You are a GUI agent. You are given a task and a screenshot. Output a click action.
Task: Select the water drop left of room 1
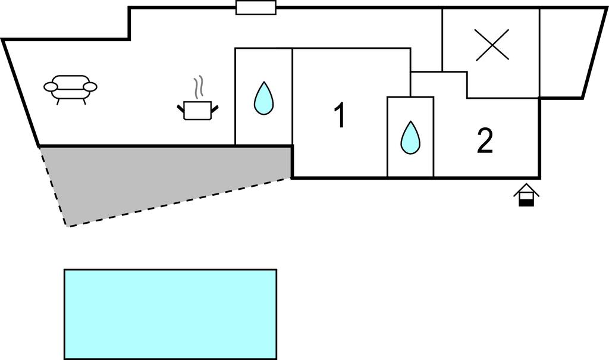(263, 98)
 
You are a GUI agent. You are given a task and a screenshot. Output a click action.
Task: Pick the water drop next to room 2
(410, 137)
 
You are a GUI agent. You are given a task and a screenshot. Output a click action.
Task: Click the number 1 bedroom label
(340, 115)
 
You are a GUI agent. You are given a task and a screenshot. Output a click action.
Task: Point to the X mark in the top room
(492, 45)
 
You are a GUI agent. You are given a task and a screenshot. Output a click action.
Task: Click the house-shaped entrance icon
(526, 195)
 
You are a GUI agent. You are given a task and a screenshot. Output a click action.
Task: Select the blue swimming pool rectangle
(170, 314)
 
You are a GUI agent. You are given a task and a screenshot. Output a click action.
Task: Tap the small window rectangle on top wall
(256, 8)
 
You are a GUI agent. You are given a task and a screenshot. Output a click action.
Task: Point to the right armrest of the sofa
(90, 87)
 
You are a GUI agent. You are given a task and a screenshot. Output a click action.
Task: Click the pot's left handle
(181, 108)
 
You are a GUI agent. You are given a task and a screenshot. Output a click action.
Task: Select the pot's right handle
(215, 108)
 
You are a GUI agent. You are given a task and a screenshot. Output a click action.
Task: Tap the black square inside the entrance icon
(526, 202)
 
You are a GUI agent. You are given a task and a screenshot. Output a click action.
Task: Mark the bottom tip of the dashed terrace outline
(68, 226)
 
